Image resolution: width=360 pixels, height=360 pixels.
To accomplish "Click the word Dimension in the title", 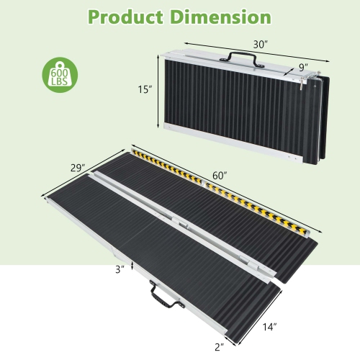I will pos(221,17).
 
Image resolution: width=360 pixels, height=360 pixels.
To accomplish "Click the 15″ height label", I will pos(145,90).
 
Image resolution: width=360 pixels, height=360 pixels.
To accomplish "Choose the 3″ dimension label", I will pos(119,269).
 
